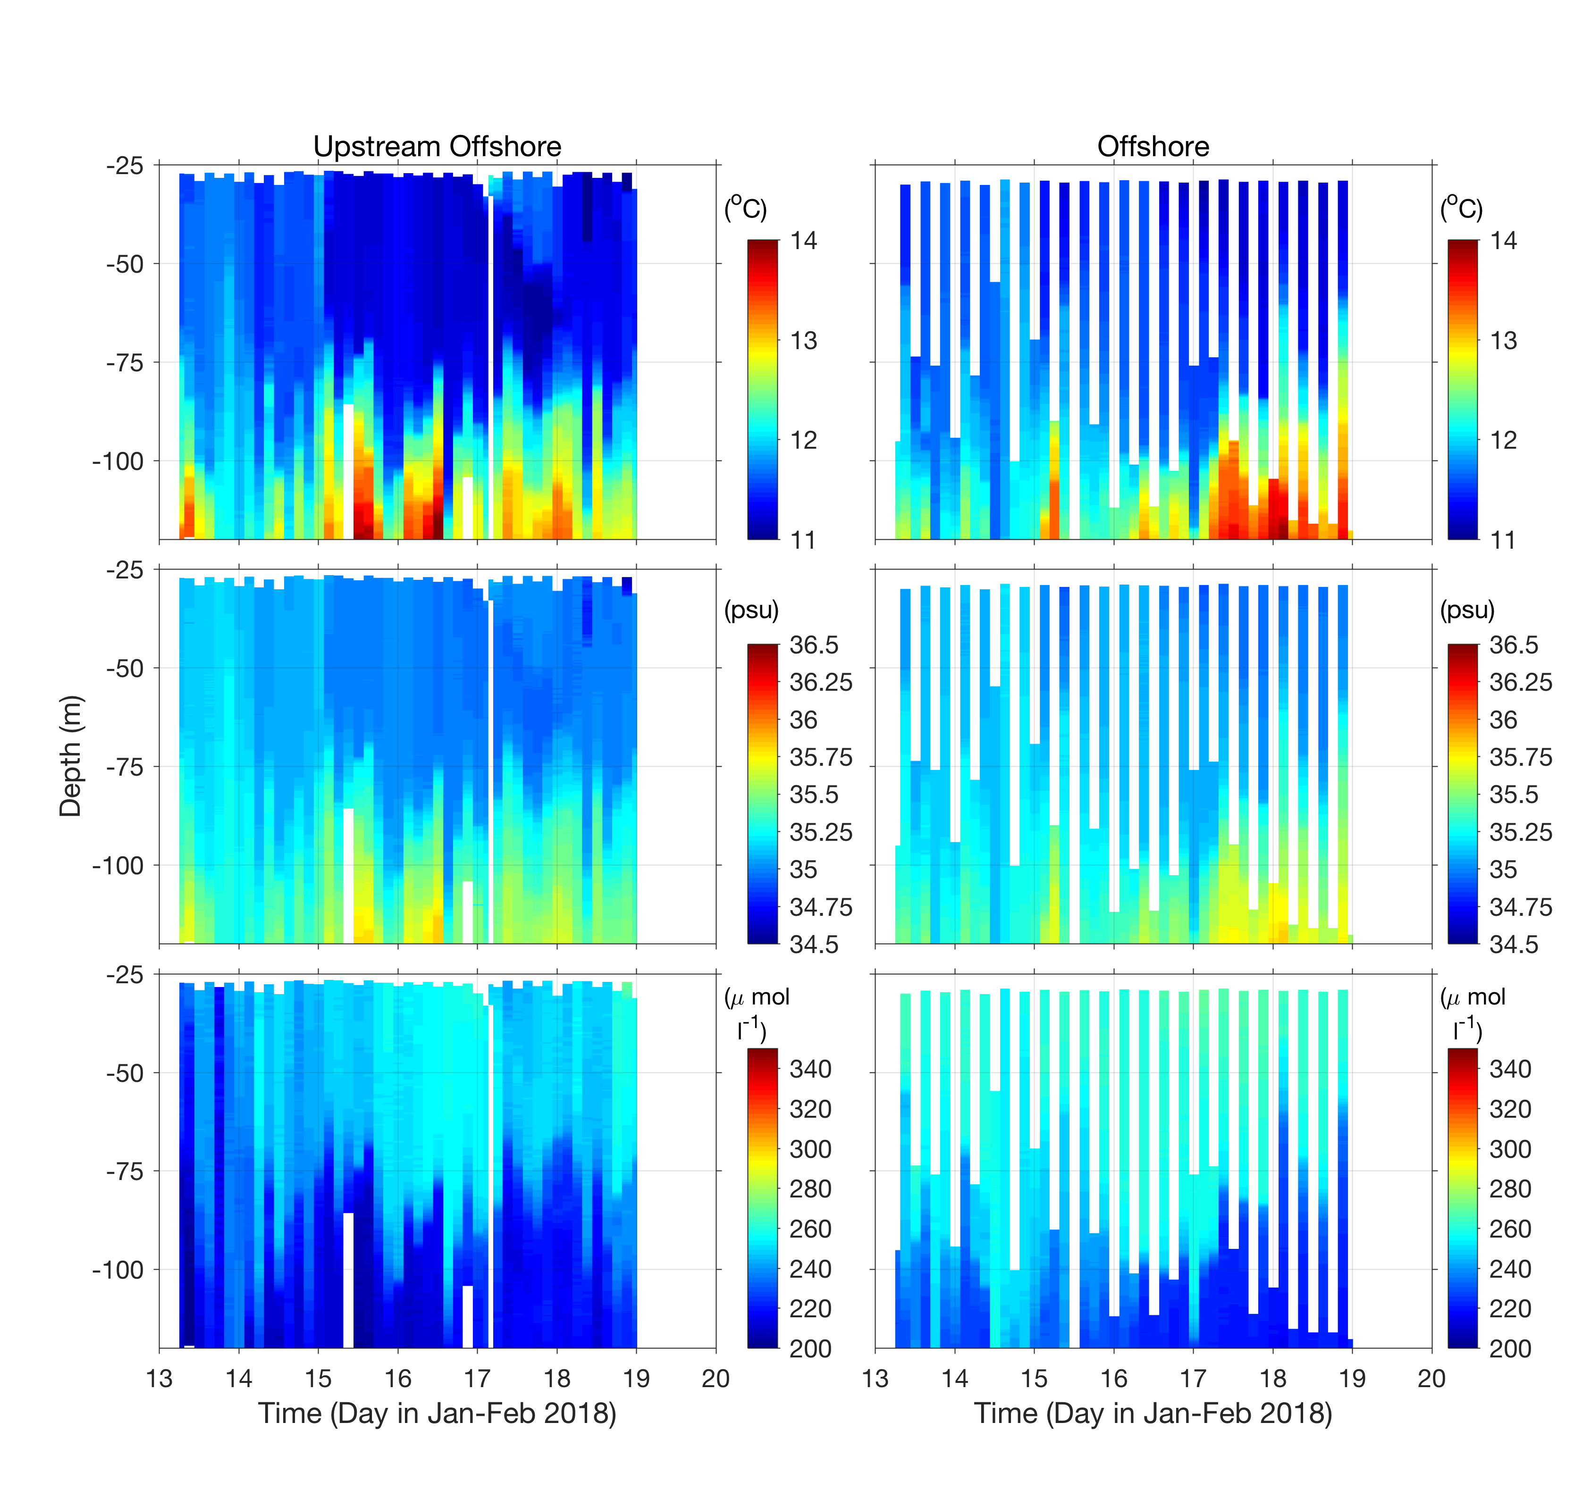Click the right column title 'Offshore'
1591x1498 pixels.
[x=1153, y=146]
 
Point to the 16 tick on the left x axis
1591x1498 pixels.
[x=398, y=1378]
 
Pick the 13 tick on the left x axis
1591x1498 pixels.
[x=159, y=1378]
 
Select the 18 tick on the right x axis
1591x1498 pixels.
[x=1272, y=1378]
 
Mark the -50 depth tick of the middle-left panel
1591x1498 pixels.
[x=124, y=668]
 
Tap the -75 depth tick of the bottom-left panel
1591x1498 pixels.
[x=124, y=1172]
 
